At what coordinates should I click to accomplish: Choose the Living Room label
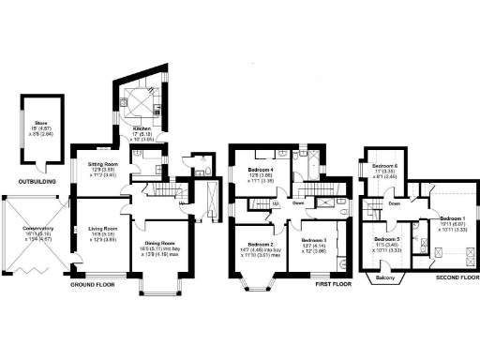(x=102, y=229)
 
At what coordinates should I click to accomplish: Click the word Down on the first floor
(x=298, y=202)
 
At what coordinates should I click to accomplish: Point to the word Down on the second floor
(x=395, y=203)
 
